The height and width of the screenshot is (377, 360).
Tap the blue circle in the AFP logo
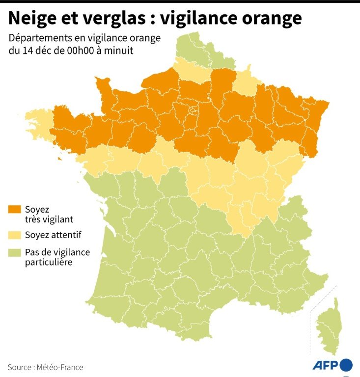(x=346, y=365)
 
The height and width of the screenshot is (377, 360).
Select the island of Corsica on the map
(x=329, y=326)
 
